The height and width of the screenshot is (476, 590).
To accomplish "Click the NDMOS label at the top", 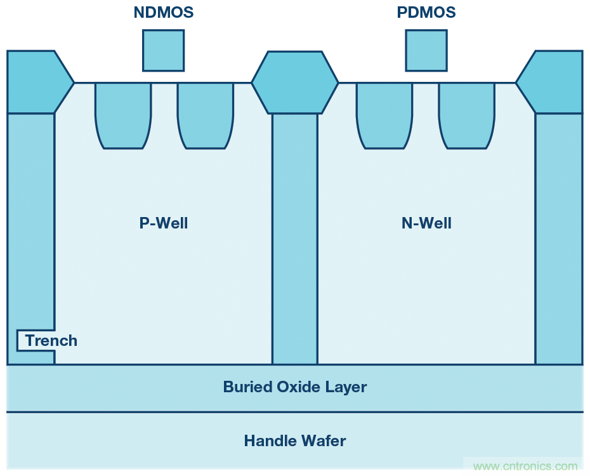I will [164, 12].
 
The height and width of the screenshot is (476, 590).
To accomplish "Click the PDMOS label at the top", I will [427, 12].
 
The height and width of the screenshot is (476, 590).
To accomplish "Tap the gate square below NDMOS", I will [163, 50].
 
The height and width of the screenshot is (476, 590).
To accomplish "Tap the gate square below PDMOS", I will [426, 50].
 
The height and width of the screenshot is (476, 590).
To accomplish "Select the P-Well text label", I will [164, 223].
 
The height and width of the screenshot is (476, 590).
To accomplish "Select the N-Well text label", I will [426, 223].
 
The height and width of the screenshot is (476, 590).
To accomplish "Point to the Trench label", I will [51, 341].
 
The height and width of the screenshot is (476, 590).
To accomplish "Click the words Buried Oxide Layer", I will [295, 387].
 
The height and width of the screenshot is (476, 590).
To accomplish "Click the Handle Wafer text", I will [295, 440].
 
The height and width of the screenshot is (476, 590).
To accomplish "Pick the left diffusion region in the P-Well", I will [123, 114].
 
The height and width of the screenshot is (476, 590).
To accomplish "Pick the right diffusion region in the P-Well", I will [205, 114].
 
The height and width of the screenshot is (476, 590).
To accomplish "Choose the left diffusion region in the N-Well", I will [384, 114].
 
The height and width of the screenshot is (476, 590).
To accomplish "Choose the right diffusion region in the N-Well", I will [466, 114].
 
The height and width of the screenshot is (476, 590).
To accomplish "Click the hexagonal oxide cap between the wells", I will [295, 83].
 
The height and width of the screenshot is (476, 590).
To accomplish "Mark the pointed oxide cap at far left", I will [35, 83].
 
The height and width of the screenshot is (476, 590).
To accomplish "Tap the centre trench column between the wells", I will [295, 238].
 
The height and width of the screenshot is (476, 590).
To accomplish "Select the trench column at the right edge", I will [558, 238].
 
